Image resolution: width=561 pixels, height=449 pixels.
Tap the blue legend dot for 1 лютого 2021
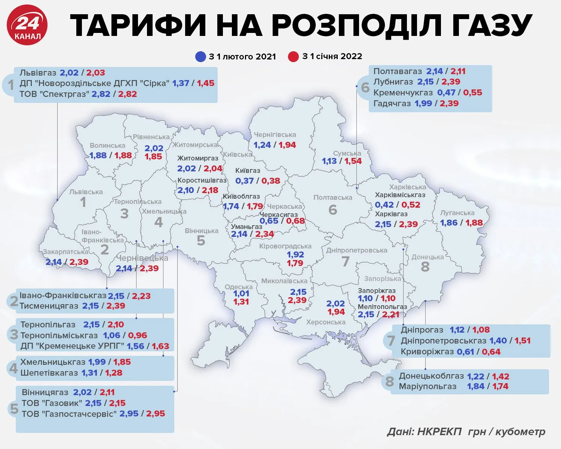pos(200,57)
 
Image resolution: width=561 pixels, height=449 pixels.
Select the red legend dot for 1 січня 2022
pos(294,57)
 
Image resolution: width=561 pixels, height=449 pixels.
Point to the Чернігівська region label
pos(275,135)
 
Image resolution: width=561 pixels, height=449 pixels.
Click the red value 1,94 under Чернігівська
pos(287,145)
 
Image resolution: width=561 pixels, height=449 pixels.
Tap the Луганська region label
pos(457,213)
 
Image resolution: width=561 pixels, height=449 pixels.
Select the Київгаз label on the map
pos(248,171)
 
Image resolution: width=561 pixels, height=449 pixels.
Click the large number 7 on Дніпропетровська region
pos(345,262)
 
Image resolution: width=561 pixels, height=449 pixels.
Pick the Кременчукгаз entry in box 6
pos(403,92)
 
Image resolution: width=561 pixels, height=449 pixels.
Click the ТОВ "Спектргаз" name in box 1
pos(55,94)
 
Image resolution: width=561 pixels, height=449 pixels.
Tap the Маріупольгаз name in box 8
pos(427,387)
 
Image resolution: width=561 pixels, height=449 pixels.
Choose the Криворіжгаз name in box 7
pos(427,352)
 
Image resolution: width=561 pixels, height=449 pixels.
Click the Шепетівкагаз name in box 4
pos(49,373)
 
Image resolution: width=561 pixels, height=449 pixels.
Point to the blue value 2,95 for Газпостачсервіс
pos(129,414)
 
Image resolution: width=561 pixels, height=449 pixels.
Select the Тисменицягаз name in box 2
pos(49,306)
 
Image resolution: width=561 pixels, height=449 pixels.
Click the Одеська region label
pos(239,287)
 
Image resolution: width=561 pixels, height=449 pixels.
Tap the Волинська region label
pos(107,146)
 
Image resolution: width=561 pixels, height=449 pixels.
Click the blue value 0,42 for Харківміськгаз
pos(384,205)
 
